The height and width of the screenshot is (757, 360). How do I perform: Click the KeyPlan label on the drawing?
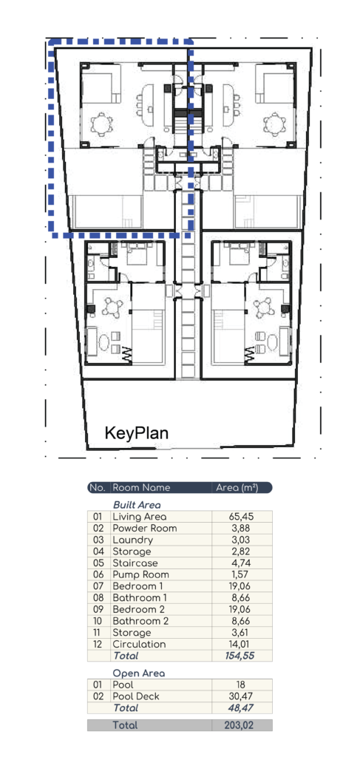point(137,432)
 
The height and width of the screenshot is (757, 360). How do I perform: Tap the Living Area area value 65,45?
point(241,517)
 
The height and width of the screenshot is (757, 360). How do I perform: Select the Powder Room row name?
point(145,528)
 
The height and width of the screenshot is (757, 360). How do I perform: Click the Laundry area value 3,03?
point(241,540)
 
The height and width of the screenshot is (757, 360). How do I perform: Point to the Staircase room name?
point(135,563)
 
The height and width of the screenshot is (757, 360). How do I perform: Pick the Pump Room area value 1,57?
point(241,574)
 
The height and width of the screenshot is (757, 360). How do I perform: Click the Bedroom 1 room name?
point(138,586)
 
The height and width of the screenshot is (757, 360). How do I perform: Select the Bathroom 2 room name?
point(140,621)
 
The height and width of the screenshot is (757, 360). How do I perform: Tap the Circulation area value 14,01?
point(241,644)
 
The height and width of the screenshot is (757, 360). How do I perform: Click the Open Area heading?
point(139,673)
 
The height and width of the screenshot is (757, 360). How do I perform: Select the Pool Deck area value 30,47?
point(241,696)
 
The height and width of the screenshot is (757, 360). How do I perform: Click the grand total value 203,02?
point(241,725)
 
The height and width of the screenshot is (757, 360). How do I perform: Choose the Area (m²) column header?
point(237,488)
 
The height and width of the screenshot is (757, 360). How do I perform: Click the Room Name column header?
point(141,488)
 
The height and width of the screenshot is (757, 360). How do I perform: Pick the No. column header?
point(98,488)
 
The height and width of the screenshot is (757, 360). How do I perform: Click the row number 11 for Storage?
point(98,633)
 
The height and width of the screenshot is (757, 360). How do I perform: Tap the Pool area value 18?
point(241,685)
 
